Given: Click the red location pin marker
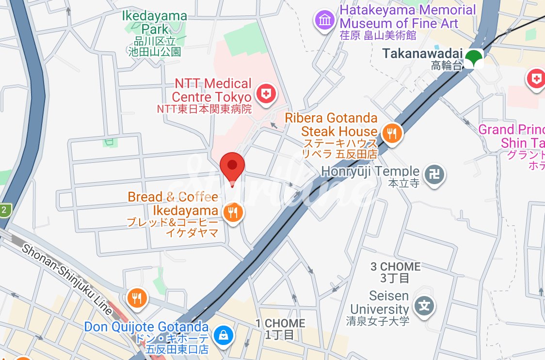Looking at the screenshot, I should (232, 166).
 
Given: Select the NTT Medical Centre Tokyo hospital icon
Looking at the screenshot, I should (266, 93).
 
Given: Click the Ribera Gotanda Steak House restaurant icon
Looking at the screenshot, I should (392, 132).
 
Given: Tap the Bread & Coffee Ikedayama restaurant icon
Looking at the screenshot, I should (233, 212).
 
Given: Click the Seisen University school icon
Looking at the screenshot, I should (424, 306).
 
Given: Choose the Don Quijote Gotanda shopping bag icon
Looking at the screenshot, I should (223, 334).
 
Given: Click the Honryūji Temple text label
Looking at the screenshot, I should (370, 172).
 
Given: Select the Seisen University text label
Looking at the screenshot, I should (379, 302).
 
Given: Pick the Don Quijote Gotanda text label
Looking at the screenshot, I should (146, 327).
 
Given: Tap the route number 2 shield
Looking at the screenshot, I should (4, 210).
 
